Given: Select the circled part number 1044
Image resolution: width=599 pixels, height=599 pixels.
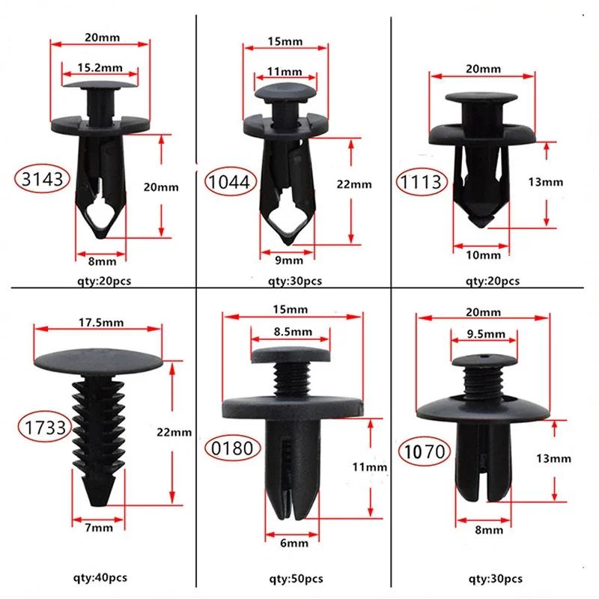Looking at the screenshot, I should click(x=232, y=181).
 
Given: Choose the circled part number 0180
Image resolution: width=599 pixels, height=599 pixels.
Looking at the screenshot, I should click(x=232, y=449).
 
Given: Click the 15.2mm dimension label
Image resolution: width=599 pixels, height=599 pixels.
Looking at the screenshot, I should click(x=100, y=67).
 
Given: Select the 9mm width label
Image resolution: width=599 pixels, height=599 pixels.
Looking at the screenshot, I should click(x=288, y=260).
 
